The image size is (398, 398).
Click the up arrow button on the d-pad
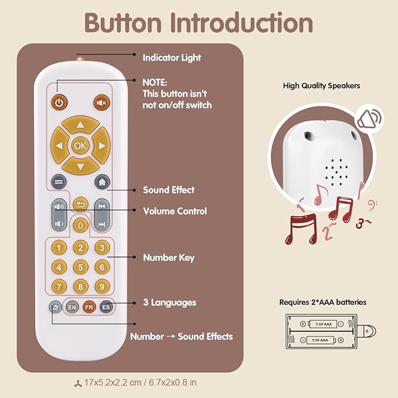80,124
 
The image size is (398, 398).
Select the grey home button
102,182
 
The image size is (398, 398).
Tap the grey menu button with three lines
58,182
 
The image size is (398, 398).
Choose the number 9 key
102,287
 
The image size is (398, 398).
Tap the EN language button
72,307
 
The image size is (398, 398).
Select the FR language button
89,307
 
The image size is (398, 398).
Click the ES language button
106,307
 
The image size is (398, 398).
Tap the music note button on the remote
55,307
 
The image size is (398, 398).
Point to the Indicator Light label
172,57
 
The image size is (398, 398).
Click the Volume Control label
175,211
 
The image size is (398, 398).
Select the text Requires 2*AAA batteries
322,302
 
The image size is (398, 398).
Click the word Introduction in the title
241,23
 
